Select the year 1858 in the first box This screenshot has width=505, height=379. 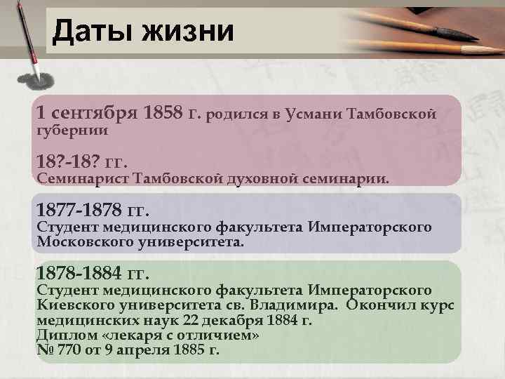[x=163, y=112]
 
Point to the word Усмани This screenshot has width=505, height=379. [x=314, y=113]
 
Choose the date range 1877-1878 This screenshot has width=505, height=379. [x=79, y=210]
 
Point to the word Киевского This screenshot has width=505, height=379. [x=73, y=305]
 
